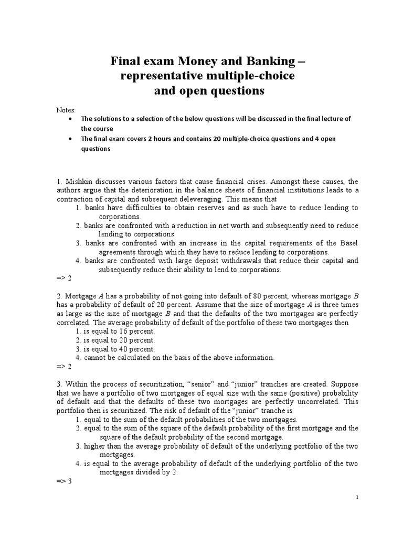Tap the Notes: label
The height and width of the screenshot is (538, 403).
[x=66, y=110]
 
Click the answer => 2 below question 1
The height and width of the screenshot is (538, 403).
[x=63, y=278]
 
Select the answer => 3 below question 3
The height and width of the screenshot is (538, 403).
[x=63, y=481]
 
